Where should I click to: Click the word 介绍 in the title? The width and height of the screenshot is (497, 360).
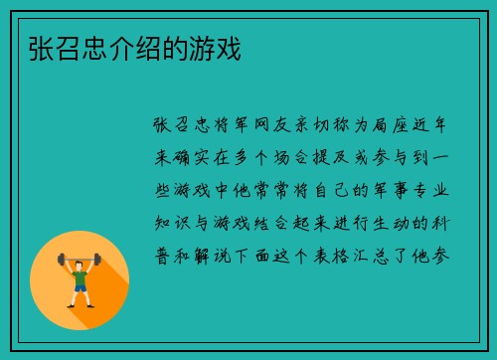[117, 47]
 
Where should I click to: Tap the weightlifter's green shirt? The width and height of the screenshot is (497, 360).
[80, 273]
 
